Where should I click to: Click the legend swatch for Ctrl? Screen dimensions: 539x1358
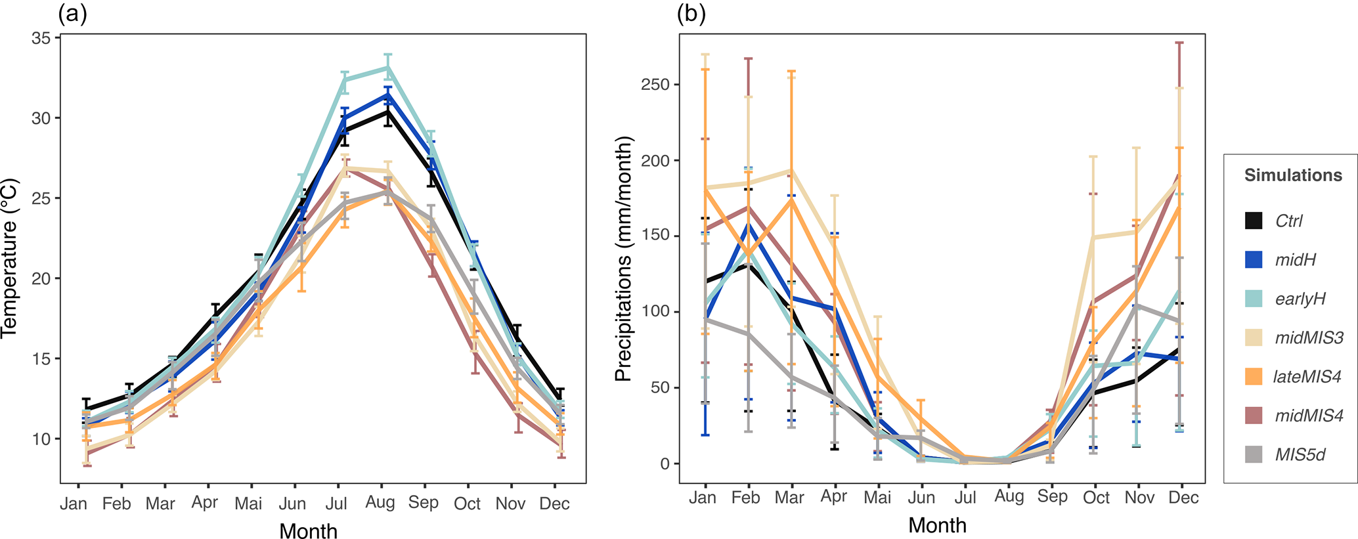coord(1254,221)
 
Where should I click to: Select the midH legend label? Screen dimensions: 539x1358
coord(1295,260)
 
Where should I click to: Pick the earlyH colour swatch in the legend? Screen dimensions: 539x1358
coord(1254,299)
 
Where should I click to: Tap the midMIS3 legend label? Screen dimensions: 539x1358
coord(1309,338)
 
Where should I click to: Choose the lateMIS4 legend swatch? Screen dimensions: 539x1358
coord(1254,377)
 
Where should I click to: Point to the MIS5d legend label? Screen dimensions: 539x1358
coord(1300,454)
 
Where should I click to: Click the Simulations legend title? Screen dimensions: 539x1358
coord(1293,175)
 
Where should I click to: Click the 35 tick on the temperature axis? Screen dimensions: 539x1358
coord(41,38)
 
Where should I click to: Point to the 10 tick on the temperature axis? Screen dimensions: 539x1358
coord(41,439)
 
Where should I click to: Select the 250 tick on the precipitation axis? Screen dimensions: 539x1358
coord(656,85)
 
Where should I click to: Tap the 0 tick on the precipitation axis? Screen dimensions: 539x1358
coord(665,464)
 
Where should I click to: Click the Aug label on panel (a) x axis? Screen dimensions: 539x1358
coord(380,503)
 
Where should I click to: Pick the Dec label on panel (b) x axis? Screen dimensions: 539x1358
coord(1183,498)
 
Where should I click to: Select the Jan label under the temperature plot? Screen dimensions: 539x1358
coord(74,504)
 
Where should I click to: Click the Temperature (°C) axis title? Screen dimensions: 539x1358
coord(9,258)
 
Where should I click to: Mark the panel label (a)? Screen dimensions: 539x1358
coord(72,14)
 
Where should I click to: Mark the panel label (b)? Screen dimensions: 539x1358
coord(691,14)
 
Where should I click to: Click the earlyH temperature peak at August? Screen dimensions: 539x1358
coord(388,67)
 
